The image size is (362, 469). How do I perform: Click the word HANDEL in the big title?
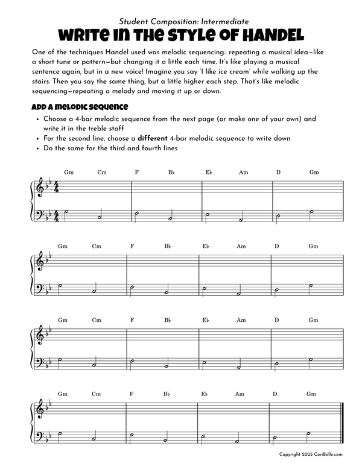266,34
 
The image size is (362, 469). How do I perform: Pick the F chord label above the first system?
137,173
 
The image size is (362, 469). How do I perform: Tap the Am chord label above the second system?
241,246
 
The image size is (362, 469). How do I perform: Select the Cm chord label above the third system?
97,320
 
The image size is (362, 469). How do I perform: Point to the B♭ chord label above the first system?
172,173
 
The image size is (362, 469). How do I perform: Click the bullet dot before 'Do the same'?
38,148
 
